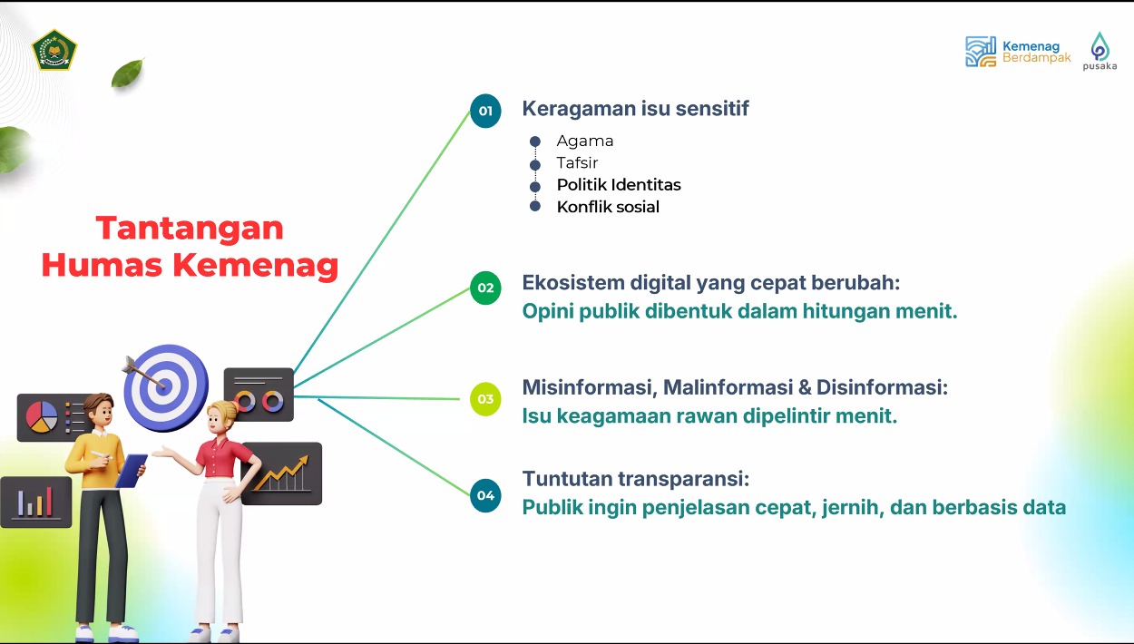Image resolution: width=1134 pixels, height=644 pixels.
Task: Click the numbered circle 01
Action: (x=485, y=111)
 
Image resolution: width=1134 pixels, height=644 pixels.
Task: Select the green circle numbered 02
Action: (x=485, y=288)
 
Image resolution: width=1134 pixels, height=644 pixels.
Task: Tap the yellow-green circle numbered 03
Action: (x=485, y=399)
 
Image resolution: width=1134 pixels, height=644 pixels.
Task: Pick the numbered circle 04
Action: (x=485, y=495)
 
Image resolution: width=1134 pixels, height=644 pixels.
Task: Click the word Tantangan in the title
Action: (x=190, y=229)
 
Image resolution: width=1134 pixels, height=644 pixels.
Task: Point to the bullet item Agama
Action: (x=585, y=141)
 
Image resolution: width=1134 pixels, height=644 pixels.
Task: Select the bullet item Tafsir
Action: (x=577, y=162)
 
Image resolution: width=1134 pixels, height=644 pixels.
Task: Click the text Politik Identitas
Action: (x=619, y=185)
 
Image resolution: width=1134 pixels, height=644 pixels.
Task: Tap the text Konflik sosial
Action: (x=608, y=207)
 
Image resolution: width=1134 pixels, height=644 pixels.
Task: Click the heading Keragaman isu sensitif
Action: (x=635, y=108)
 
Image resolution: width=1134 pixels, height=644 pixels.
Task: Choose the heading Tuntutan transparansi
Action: (x=635, y=478)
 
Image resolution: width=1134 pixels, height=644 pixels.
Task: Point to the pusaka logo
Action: (x=1100, y=51)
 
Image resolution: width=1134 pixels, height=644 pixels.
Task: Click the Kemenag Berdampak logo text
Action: (x=1036, y=52)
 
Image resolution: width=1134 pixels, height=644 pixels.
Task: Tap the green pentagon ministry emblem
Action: (x=54, y=50)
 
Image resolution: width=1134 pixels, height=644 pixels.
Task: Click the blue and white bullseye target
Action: (x=165, y=388)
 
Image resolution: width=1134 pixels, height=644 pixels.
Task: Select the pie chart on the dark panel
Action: (x=42, y=417)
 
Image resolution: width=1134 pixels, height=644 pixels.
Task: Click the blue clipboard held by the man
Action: (x=132, y=471)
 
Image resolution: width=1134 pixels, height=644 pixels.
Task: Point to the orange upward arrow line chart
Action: (x=281, y=473)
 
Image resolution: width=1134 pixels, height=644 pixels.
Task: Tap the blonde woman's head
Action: (x=221, y=416)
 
